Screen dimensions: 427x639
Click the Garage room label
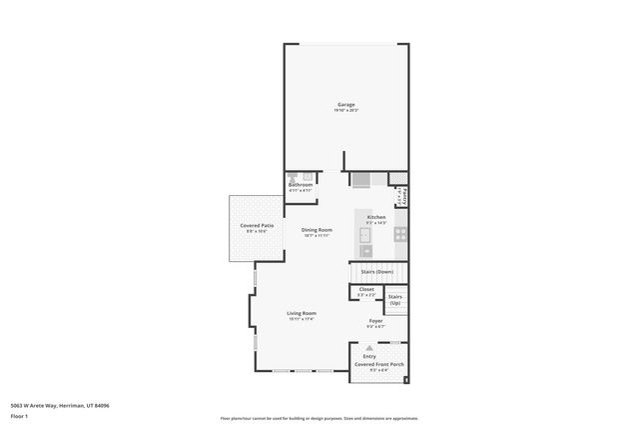click(345, 104)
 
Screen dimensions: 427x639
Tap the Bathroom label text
click(301, 185)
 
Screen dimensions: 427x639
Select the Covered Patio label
click(257, 226)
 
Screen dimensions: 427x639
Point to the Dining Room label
click(317, 230)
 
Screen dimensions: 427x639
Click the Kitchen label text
click(376, 217)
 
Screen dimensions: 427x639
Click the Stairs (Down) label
click(376, 272)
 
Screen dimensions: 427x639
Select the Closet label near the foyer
click(366, 289)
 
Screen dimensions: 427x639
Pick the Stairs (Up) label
click(395, 299)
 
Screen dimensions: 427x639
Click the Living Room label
click(302, 314)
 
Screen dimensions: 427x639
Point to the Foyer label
click(375, 321)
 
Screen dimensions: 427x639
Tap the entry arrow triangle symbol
click(369, 347)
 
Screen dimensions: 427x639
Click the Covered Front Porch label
click(379, 365)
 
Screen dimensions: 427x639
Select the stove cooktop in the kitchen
click(399, 235)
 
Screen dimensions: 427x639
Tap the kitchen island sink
click(365, 237)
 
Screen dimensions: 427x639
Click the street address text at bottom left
click(59, 406)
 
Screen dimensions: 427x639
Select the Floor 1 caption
click(20, 416)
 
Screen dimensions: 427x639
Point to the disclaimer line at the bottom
click(319, 417)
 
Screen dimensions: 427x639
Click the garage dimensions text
click(345, 110)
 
